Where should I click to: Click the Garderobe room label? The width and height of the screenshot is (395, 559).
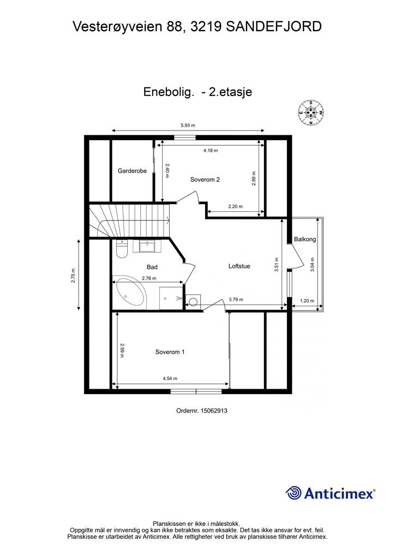[x=132, y=171]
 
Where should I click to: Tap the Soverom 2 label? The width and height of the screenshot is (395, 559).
[x=205, y=179]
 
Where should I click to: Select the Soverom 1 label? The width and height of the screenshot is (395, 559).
[x=170, y=352]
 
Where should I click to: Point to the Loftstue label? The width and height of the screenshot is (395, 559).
[x=239, y=266]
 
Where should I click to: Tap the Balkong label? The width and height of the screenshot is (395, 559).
[x=304, y=239]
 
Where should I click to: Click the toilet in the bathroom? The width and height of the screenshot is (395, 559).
[x=121, y=249]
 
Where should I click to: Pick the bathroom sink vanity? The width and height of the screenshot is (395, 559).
[x=147, y=246]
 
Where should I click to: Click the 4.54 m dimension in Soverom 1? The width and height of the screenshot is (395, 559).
[x=170, y=378]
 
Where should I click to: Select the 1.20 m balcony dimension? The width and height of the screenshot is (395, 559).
[x=308, y=300]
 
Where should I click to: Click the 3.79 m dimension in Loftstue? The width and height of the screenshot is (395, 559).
[x=236, y=299]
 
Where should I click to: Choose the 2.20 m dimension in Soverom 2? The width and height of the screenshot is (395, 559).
[x=235, y=206]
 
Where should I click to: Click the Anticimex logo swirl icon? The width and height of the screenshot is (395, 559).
[x=294, y=493]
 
